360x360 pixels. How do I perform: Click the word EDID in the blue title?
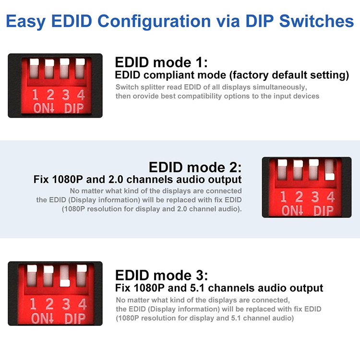point(72,21)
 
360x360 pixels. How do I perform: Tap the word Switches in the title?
point(316,21)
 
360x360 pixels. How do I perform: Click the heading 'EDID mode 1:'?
point(161,62)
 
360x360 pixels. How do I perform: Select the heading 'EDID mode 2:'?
point(195,167)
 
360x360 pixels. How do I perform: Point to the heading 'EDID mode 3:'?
point(161,275)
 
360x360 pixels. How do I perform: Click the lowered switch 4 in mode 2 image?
point(330,177)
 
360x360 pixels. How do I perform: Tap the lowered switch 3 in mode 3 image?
point(65,283)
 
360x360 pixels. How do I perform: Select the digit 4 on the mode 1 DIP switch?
point(81,95)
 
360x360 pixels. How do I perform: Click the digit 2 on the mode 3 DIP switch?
point(49,304)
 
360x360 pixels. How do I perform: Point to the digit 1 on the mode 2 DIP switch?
point(283,197)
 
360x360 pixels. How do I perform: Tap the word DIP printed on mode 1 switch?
point(74,108)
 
